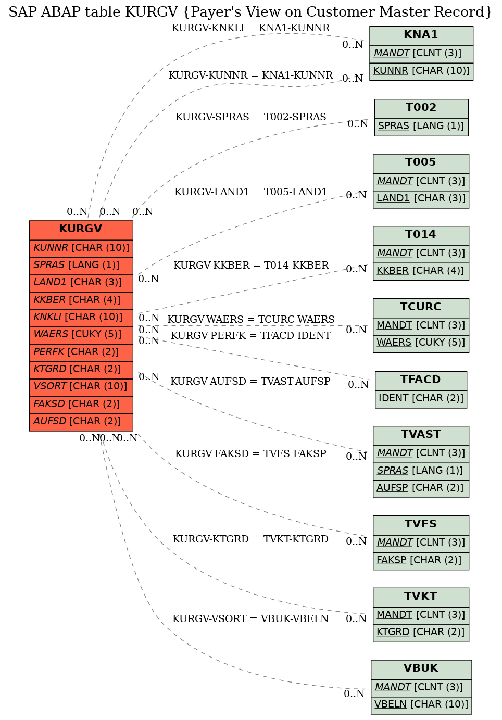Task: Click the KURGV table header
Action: [x=81, y=230]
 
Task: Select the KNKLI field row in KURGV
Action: [x=81, y=318]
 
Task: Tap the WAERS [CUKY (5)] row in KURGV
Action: [x=81, y=335]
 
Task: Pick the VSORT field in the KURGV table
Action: [x=81, y=387]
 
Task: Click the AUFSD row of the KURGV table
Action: [x=81, y=422]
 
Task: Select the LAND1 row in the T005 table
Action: [x=421, y=199]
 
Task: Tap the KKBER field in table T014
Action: [x=421, y=271]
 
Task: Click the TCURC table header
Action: [x=421, y=308]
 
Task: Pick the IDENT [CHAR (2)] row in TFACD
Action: [x=421, y=399]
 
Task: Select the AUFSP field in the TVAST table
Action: [x=421, y=488]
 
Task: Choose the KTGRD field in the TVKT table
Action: [x=421, y=633]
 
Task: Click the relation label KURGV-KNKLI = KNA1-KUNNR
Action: [x=251, y=28]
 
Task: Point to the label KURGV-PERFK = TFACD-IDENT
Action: [x=251, y=336]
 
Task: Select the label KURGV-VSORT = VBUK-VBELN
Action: [x=250, y=619]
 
